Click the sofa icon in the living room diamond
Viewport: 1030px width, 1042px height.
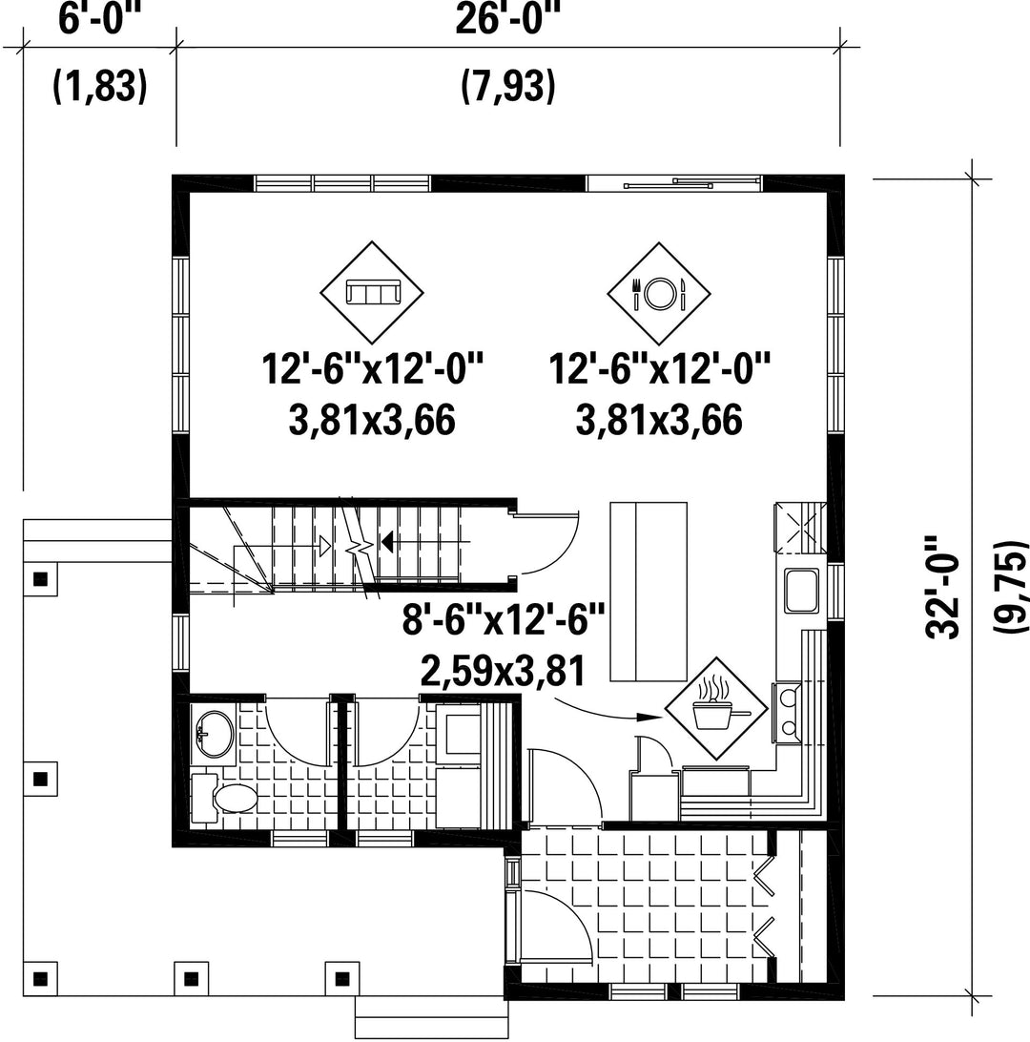(372, 292)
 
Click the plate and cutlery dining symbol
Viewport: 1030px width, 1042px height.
(659, 293)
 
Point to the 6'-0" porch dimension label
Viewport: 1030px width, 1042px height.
(100, 18)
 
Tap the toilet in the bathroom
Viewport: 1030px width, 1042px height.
(224, 798)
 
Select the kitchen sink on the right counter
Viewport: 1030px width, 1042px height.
(801, 590)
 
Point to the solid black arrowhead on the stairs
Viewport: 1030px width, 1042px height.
(386, 542)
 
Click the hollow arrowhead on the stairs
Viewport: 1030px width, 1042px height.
(325, 546)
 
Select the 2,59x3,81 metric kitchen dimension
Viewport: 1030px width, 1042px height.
(503, 671)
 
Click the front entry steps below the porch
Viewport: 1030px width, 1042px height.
(432, 1017)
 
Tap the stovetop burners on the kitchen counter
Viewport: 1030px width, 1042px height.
(789, 713)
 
